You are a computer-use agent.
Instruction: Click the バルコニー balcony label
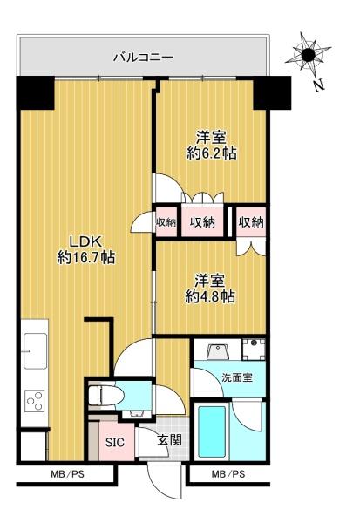(144, 58)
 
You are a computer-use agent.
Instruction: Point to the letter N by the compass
(320, 85)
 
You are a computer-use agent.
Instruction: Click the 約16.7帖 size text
(86, 257)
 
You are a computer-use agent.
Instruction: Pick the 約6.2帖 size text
(212, 153)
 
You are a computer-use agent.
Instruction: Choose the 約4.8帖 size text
(210, 296)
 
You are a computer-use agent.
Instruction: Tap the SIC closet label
(115, 442)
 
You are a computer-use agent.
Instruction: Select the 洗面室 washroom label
(237, 378)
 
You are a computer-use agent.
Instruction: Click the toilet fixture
(106, 396)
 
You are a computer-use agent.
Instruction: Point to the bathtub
(212, 431)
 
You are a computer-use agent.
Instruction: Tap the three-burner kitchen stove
(34, 401)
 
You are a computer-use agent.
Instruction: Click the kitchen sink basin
(35, 350)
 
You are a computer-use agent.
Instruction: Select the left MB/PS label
(68, 474)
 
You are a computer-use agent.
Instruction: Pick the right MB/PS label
(228, 474)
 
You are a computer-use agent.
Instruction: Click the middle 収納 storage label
(202, 222)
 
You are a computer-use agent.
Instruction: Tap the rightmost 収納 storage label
(251, 222)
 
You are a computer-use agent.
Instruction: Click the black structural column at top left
(36, 93)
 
